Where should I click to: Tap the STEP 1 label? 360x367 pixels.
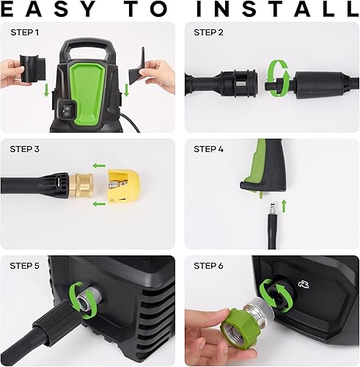[x=26, y=33]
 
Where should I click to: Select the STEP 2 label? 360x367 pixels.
[x=209, y=33]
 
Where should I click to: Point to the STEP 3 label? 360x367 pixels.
[x=26, y=149]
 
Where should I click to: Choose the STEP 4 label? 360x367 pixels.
[x=209, y=149]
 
